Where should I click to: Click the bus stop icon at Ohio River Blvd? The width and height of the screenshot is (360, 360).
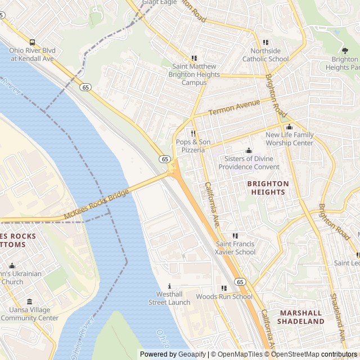32,42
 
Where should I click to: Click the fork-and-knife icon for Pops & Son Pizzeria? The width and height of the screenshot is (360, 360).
193,133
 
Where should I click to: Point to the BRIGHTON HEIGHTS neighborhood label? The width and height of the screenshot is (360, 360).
268,188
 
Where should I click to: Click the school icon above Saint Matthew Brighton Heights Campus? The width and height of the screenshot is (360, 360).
194,58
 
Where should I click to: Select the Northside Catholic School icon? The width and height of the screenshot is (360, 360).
265,42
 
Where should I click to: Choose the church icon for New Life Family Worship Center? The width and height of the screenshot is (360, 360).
289,127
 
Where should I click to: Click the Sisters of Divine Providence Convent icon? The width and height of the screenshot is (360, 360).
249,150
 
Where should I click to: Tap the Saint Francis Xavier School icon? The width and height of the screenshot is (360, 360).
235,236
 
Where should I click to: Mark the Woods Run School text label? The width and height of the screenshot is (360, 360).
224,296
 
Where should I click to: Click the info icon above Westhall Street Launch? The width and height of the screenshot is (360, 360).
169,286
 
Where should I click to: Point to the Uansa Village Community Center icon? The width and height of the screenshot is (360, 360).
29,301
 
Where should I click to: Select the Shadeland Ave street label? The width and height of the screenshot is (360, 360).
336,318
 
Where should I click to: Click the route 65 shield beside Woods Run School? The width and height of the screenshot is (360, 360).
240,282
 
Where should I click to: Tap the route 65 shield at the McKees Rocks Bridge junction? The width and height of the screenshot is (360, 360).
164,159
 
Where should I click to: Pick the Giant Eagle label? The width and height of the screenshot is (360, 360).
159,2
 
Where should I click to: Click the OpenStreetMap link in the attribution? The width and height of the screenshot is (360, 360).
296,354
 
